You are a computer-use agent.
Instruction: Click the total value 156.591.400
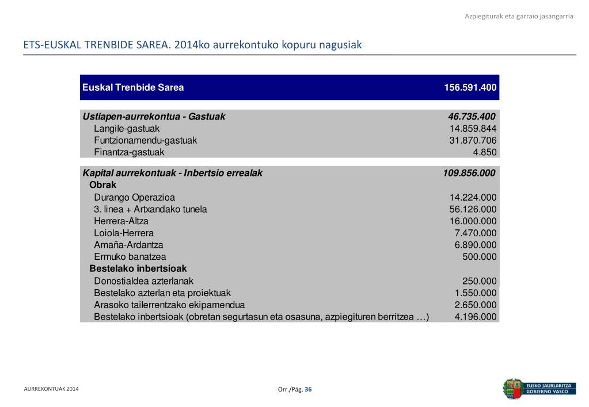tap(470, 88)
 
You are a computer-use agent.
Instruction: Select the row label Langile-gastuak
tap(127, 129)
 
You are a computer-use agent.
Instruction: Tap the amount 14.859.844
tap(473, 129)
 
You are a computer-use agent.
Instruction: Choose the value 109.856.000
tap(469, 173)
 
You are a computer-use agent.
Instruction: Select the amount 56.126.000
tap(473, 209)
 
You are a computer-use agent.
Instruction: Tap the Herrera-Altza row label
tap(121, 221)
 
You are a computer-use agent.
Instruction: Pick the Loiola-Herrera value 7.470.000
tap(475, 233)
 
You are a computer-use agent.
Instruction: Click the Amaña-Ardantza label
tap(128, 245)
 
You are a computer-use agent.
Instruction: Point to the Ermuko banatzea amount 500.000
tap(479, 257)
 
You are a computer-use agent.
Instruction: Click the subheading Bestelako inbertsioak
tap(138, 268)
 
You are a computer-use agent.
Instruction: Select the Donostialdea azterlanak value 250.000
tap(479, 281)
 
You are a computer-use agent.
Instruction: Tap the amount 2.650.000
tap(475, 305)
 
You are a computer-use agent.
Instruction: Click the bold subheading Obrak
tap(102, 185)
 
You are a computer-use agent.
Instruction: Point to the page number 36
tap(309, 390)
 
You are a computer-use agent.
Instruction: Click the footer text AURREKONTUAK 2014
tap(51, 389)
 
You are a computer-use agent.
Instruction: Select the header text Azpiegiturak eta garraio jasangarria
tap(519, 16)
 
